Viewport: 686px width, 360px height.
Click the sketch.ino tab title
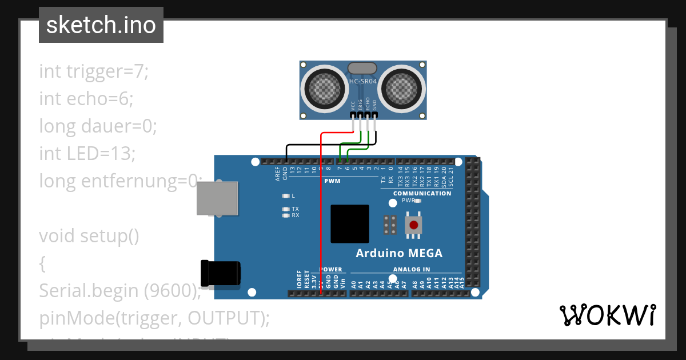tap(101, 25)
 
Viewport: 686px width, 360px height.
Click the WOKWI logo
tap(607, 315)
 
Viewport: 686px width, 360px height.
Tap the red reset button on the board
tap(413, 224)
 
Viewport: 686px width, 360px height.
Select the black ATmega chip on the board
tap(349, 224)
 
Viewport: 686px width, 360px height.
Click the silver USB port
tap(217, 198)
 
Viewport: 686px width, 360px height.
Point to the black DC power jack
tap(220, 273)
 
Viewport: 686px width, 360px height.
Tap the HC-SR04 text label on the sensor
tap(363, 82)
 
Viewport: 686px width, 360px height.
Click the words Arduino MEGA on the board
tap(399, 253)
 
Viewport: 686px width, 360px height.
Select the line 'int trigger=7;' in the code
tap(94, 71)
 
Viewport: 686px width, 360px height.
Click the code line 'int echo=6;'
tap(86, 99)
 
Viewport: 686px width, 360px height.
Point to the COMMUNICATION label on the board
tap(422, 193)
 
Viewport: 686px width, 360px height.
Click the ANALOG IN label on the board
tap(411, 269)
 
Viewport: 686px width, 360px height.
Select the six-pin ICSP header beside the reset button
tap(390, 225)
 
